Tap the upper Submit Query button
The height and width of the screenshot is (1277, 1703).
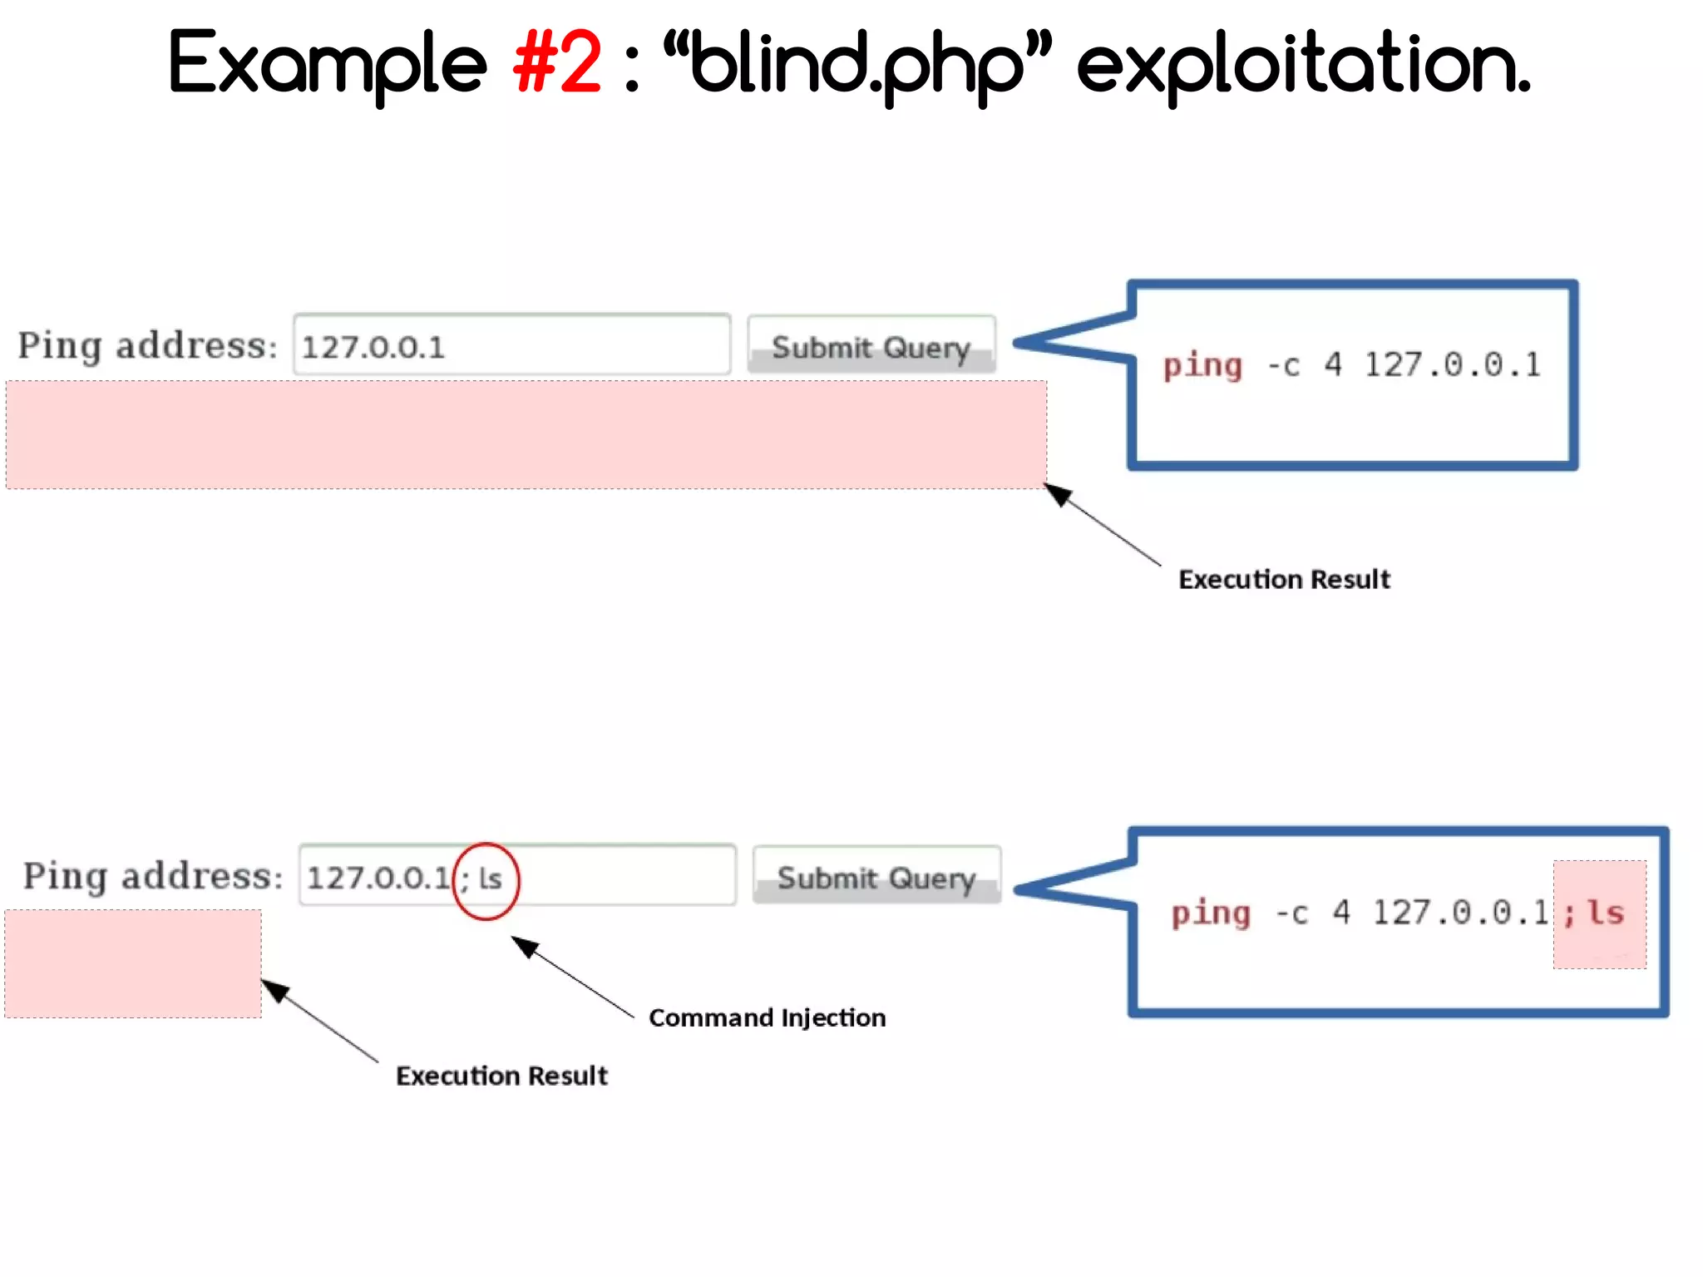click(871, 346)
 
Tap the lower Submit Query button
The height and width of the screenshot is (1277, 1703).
click(876, 877)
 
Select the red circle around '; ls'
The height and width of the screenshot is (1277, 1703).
click(486, 880)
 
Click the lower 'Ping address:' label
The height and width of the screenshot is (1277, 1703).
click(153, 876)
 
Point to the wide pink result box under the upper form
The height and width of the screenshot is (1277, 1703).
click(526, 435)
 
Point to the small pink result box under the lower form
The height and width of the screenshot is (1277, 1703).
click(133, 964)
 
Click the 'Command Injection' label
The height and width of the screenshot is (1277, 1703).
click(767, 1017)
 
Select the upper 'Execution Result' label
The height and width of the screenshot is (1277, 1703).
click(1284, 579)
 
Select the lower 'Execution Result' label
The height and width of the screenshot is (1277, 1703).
click(501, 1076)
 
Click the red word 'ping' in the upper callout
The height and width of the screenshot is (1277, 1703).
click(1202, 366)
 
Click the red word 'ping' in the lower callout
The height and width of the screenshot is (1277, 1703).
click(1211, 913)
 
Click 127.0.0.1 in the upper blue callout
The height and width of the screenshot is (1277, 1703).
click(1452, 364)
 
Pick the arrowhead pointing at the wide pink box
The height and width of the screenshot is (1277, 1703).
click(1059, 494)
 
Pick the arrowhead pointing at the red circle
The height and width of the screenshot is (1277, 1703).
click(525, 946)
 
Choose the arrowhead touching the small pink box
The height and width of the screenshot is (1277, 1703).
click(276, 990)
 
